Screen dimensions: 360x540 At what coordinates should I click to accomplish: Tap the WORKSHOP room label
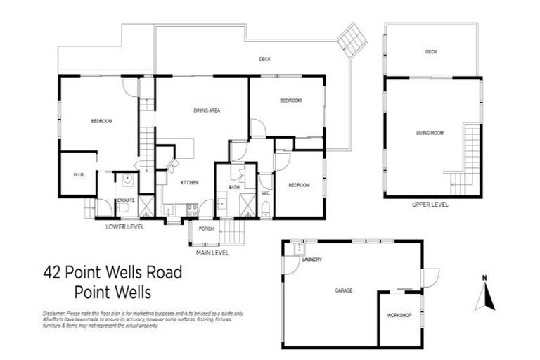(399, 315)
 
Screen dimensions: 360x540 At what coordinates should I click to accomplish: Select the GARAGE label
(344, 290)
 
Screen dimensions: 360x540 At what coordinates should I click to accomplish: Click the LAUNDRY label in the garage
(311, 259)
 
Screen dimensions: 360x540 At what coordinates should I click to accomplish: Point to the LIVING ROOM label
(429, 132)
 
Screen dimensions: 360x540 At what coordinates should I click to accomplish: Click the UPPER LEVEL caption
(430, 205)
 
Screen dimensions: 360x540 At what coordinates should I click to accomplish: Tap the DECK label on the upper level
(431, 52)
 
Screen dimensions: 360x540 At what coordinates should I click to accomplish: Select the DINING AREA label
(208, 110)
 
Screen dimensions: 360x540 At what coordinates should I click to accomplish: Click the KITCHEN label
(190, 182)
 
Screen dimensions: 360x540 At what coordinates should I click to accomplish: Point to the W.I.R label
(77, 174)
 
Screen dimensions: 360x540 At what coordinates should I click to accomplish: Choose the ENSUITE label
(126, 200)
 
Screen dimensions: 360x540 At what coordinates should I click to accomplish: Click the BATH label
(233, 187)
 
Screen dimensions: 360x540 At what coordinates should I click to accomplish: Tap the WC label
(266, 192)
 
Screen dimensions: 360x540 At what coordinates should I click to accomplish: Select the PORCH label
(206, 229)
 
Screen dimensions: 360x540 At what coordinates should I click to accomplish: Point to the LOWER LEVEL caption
(125, 226)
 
